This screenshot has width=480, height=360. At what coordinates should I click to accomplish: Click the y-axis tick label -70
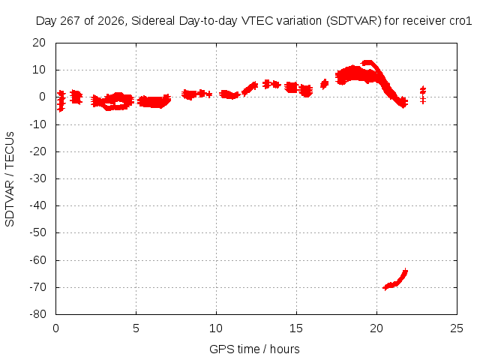click(38, 287)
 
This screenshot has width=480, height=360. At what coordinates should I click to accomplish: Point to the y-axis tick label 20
click(39, 43)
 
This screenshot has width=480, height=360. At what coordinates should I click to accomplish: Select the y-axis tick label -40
click(38, 205)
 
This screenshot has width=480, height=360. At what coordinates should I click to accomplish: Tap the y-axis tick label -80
click(38, 314)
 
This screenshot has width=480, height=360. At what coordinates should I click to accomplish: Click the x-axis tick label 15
click(296, 328)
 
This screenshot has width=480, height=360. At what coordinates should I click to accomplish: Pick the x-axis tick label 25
click(457, 328)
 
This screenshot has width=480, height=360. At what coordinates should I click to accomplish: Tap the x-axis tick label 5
click(136, 328)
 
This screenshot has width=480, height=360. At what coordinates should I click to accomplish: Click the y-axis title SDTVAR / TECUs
click(10, 179)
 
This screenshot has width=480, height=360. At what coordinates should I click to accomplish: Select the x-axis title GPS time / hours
click(254, 349)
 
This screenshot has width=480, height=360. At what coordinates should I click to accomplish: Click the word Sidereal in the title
click(153, 21)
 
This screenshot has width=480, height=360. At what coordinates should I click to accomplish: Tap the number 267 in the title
click(70, 21)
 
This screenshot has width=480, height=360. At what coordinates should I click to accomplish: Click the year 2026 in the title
click(111, 21)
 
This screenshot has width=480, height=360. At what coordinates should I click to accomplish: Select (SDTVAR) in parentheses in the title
click(353, 21)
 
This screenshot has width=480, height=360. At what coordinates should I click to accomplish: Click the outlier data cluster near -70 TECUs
click(395, 280)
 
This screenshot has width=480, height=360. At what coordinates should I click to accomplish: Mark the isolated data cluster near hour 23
click(423, 94)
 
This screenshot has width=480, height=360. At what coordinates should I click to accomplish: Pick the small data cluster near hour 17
click(324, 84)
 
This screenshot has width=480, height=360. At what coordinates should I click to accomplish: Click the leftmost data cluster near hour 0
click(61, 100)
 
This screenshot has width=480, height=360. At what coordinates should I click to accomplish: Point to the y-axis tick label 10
click(39, 70)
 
